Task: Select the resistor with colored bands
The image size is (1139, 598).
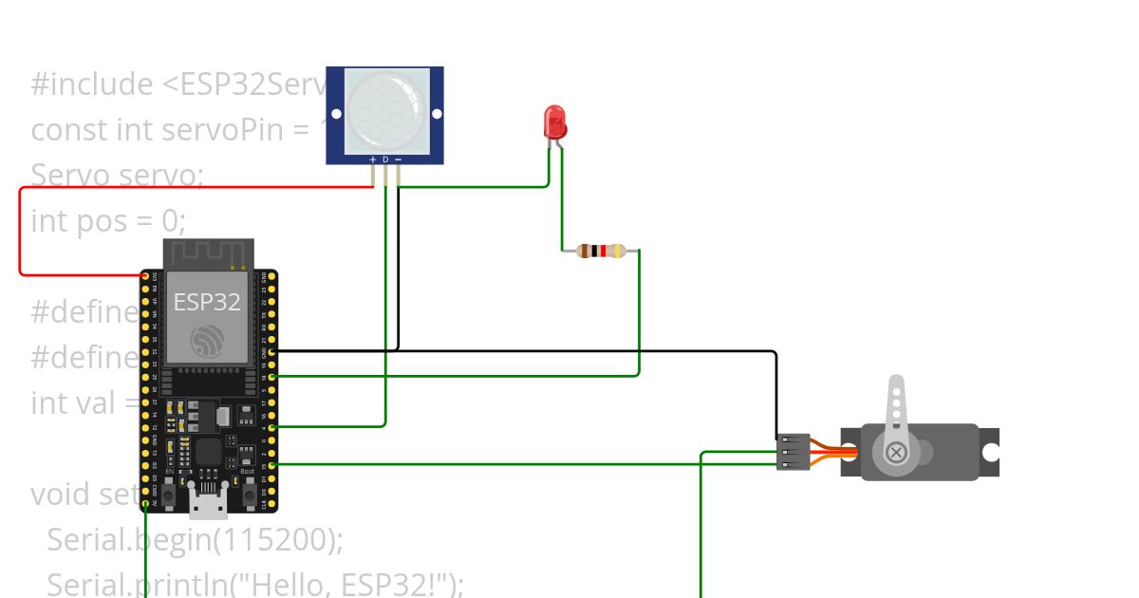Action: click(602, 252)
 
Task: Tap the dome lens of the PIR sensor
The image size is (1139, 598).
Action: click(385, 109)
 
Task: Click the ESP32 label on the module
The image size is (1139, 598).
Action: click(207, 303)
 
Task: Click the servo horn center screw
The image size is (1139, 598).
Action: click(895, 453)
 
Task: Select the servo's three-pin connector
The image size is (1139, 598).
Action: click(794, 452)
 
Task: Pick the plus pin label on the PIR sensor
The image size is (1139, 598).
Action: click(373, 159)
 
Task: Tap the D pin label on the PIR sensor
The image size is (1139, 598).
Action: click(385, 159)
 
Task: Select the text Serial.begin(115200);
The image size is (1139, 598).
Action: click(195, 540)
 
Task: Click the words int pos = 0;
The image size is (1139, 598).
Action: click(108, 221)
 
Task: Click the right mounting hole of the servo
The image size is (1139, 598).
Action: click(990, 453)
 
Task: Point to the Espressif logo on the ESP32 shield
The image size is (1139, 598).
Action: click(207, 342)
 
